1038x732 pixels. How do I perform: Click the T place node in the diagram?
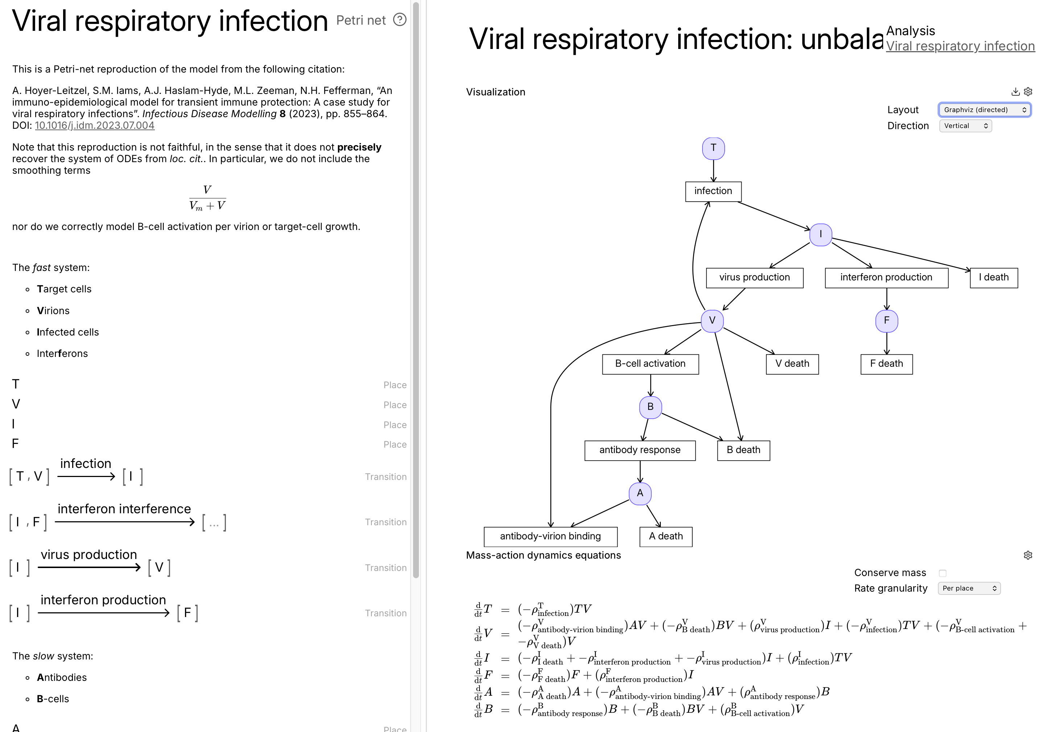[713, 148]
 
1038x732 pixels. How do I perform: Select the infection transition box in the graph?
[713, 191]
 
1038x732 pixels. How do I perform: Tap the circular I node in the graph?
[820, 235]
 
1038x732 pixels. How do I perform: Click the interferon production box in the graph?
[886, 277]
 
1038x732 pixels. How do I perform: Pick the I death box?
[993, 277]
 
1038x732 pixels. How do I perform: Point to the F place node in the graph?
[886, 321]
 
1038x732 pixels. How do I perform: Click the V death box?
[792, 364]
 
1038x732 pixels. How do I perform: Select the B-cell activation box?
[650, 364]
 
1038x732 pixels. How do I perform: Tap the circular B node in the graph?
[650, 407]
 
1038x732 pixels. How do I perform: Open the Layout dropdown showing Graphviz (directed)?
[984, 110]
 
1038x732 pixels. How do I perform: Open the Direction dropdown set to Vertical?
[965, 126]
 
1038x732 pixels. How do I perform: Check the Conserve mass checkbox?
[942, 573]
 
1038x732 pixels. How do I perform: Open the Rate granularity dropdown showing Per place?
[969, 589]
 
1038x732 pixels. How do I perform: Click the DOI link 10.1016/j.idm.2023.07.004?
[95, 126]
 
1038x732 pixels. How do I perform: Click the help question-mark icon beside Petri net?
[400, 20]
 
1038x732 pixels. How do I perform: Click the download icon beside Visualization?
[1015, 92]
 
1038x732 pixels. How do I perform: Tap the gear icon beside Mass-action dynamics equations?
[1027, 555]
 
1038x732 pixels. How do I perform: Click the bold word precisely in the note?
[359, 147]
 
